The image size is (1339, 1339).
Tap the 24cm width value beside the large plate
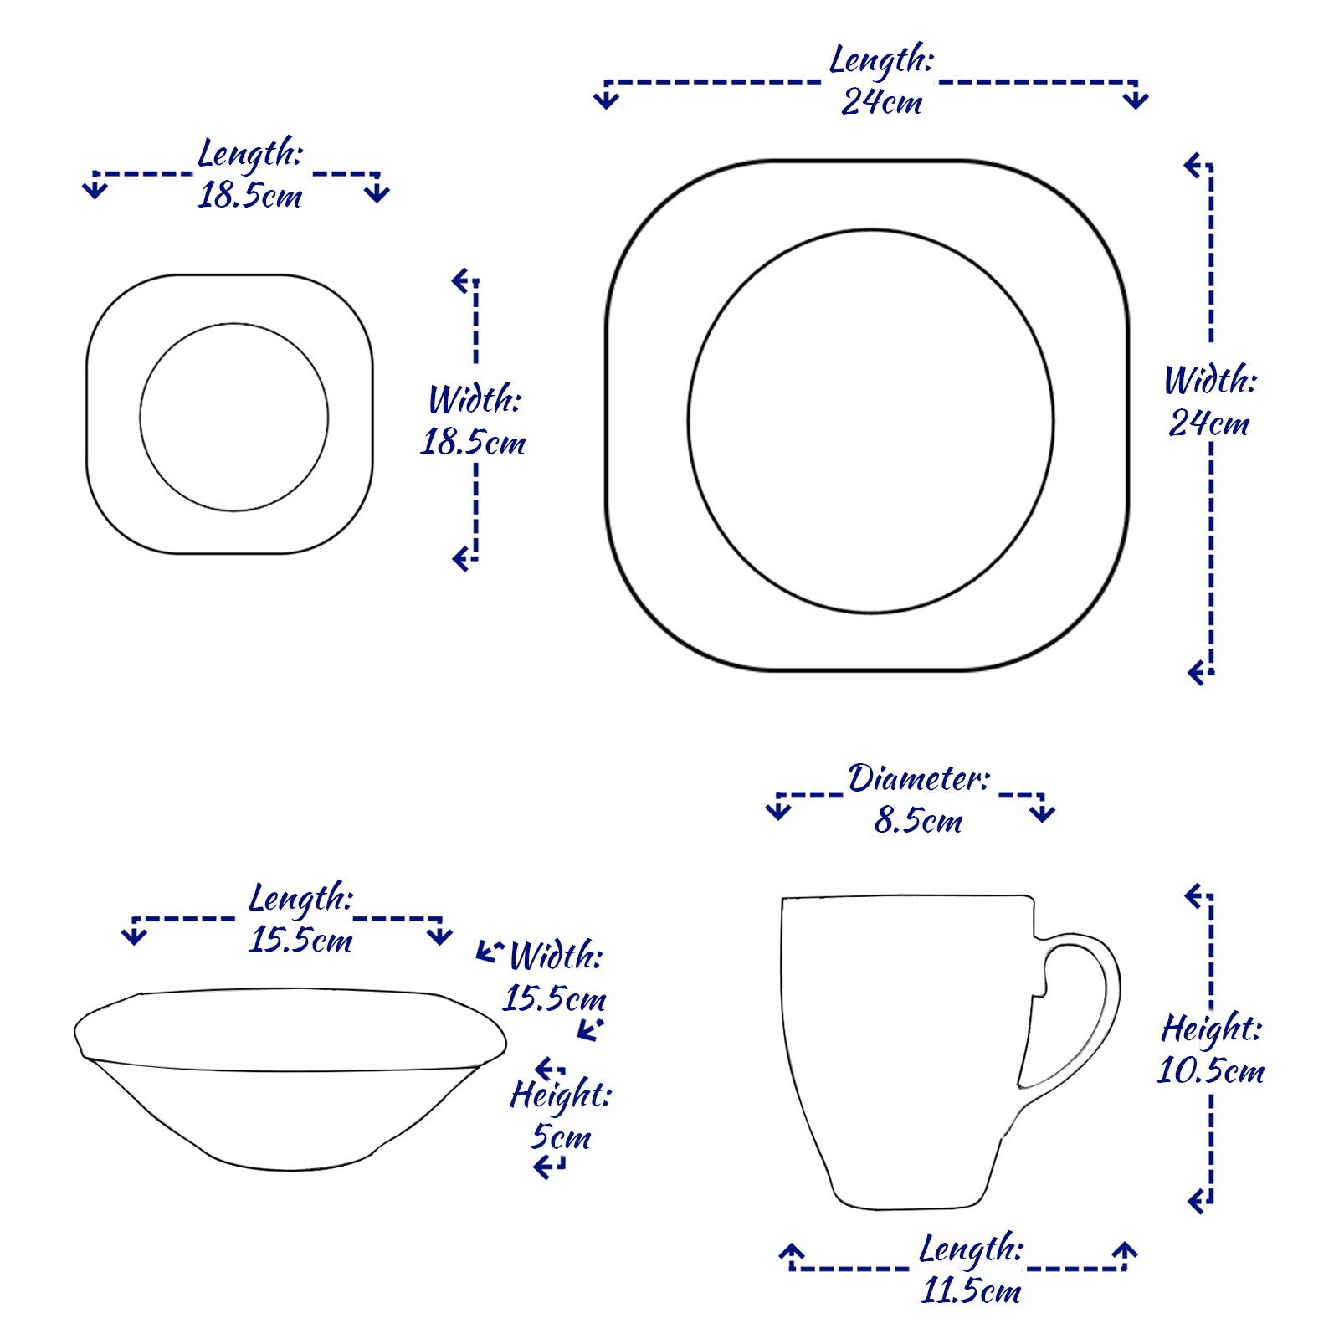point(1208,424)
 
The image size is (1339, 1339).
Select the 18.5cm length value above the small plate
point(249,196)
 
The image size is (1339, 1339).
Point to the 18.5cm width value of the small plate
point(472,443)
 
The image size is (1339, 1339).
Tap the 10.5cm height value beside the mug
point(1210,1071)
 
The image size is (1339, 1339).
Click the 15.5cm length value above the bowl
point(300,941)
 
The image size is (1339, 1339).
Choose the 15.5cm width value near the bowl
point(554,998)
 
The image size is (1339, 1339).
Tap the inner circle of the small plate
point(234,325)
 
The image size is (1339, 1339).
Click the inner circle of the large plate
point(870,230)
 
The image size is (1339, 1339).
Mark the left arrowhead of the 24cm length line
point(606,100)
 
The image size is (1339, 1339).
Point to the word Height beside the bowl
point(561,1095)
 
